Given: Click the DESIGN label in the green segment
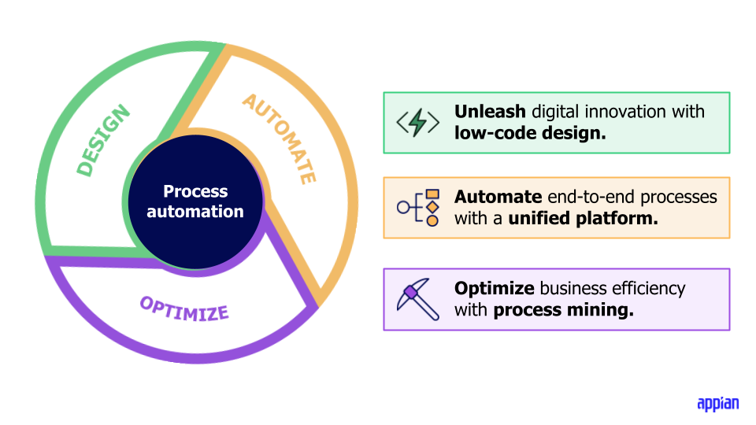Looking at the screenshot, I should pyautogui.click(x=104, y=142).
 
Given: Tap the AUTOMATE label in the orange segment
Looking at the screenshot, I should pyautogui.click(x=280, y=139).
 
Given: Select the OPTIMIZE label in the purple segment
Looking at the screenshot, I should pyautogui.click(x=184, y=308).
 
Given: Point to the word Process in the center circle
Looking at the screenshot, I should pyautogui.click(x=195, y=191).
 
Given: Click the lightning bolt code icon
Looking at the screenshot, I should pyautogui.click(x=417, y=123).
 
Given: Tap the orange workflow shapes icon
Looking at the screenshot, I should pyautogui.click(x=418, y=208).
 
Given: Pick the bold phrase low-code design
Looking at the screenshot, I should pyautogui.click(x=530, y=133).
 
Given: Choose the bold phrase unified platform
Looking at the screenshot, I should pyautogui.click(x=583, y=218).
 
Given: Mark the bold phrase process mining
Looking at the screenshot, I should pyautogui.click(x=563, y=309).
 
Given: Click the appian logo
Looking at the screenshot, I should pyautogui.click(x=717, y=404).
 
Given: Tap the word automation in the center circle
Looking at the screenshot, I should pyautogui.click(x=195, y=211).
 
